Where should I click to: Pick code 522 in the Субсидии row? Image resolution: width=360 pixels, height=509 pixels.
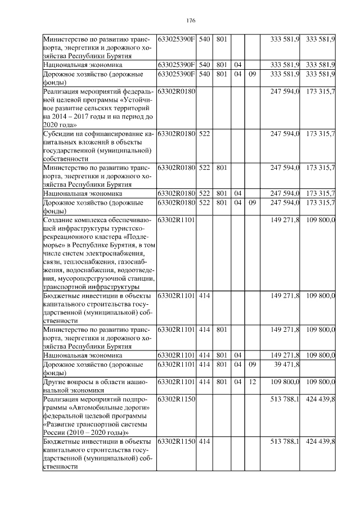[x=205, y=134]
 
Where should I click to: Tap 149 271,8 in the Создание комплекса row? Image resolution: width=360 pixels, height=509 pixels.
[x=286, y=219]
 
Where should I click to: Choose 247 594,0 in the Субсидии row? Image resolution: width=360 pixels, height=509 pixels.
[x=286, y=134]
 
